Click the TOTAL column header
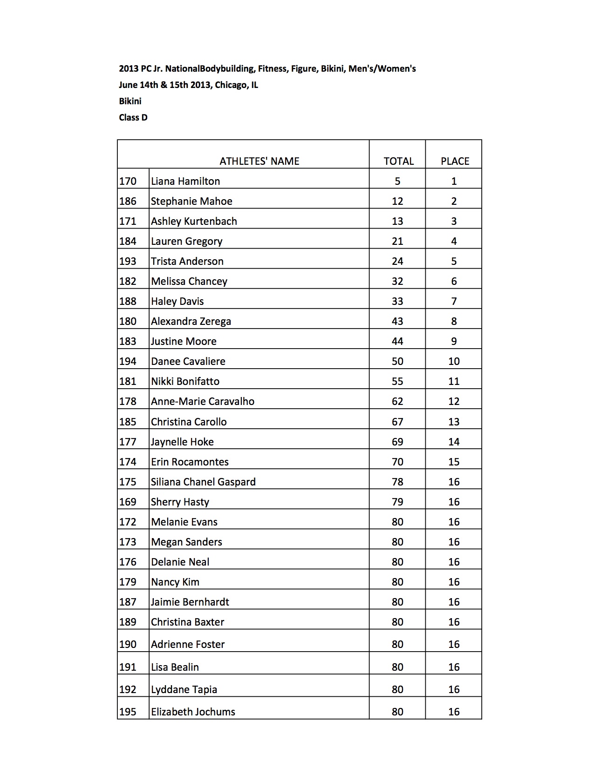click(x=398, y=161)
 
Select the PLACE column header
click(x=455, y=161)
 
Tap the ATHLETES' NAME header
click(x=259, y=161)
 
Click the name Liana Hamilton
click(x=185, y=181)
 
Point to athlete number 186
click(x=128, y=201)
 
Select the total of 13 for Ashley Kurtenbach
click(x=397, y=221)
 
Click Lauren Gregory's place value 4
click(x=454, y=241)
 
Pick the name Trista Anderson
click(x=187, y=261)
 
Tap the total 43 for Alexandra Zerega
click(x=397, y=321)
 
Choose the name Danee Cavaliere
click(x=188, y=361)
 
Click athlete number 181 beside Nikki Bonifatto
click(x=128, y=381)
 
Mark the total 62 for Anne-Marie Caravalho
click(x=397, y=401)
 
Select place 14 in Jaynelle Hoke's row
click(x=454, y=442)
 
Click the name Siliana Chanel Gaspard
click(x=203, y=482)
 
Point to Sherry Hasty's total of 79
click(x=397, y=502)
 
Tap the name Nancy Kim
click(x=175, y=582)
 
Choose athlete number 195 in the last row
click(x=128, y=712)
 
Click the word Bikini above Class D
click(x=130, y=101)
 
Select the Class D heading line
click(x=133, y=117)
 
